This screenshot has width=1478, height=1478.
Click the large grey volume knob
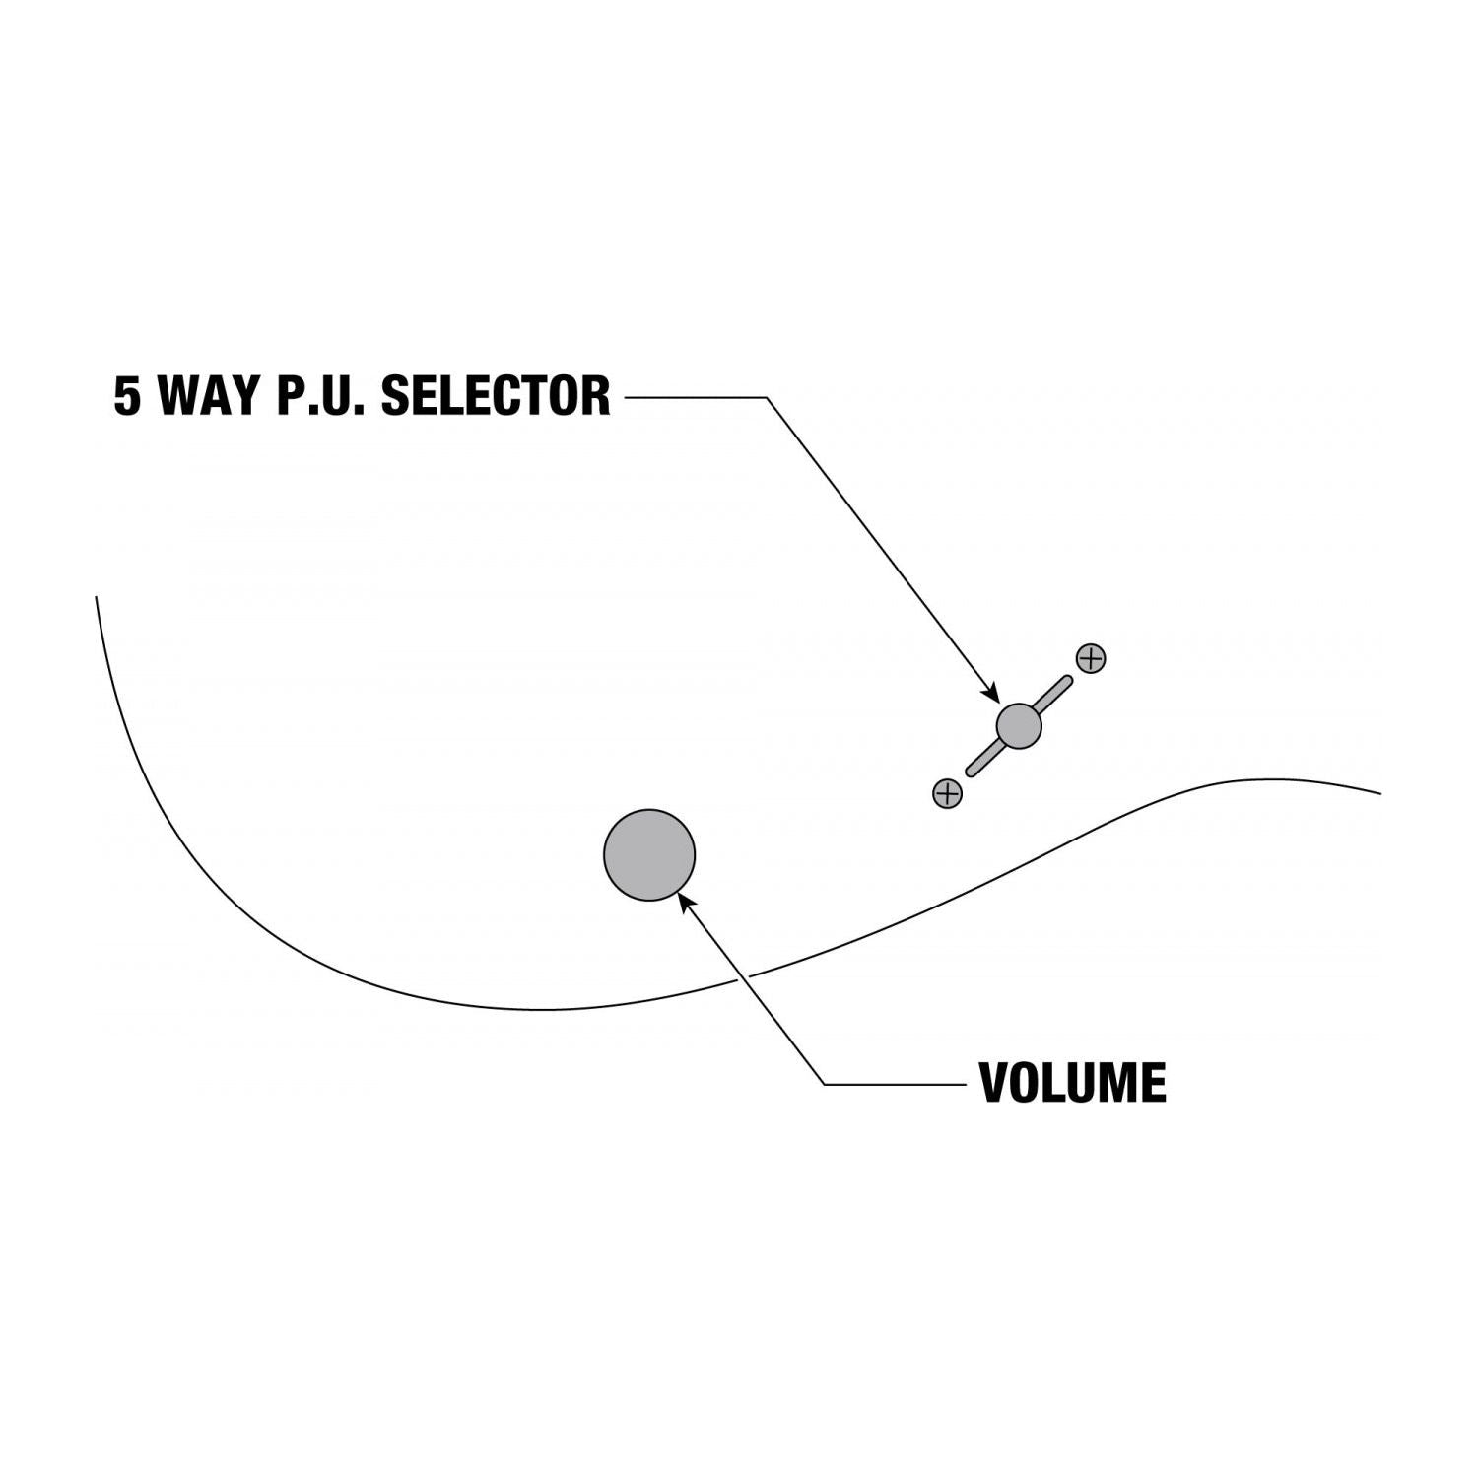click(x=649, y=855)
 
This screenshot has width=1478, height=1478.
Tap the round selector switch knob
click(x=1019, y=726)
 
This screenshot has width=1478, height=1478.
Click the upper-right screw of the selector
click(x=1091, y=658)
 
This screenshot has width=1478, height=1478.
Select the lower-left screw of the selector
click(x=947, y=793)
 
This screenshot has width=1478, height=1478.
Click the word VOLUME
click(x=1072, y=1083)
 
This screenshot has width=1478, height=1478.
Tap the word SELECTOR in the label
click(x=496, y=396)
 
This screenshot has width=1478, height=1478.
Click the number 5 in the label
click(x=127, y=396)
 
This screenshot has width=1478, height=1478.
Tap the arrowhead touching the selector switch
click(x=992, y=694)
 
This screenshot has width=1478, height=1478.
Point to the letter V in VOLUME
click(x=995, y=1083)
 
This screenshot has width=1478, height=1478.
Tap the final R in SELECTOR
click(x=596, y=396)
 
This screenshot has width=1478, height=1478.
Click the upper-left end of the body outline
click(x=97, y=598)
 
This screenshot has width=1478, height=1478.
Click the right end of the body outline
click(x=1379, y=792)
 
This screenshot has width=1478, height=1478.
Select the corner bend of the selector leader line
click(x=766, y=397)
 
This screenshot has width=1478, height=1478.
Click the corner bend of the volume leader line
click(x=825, y=1084)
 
